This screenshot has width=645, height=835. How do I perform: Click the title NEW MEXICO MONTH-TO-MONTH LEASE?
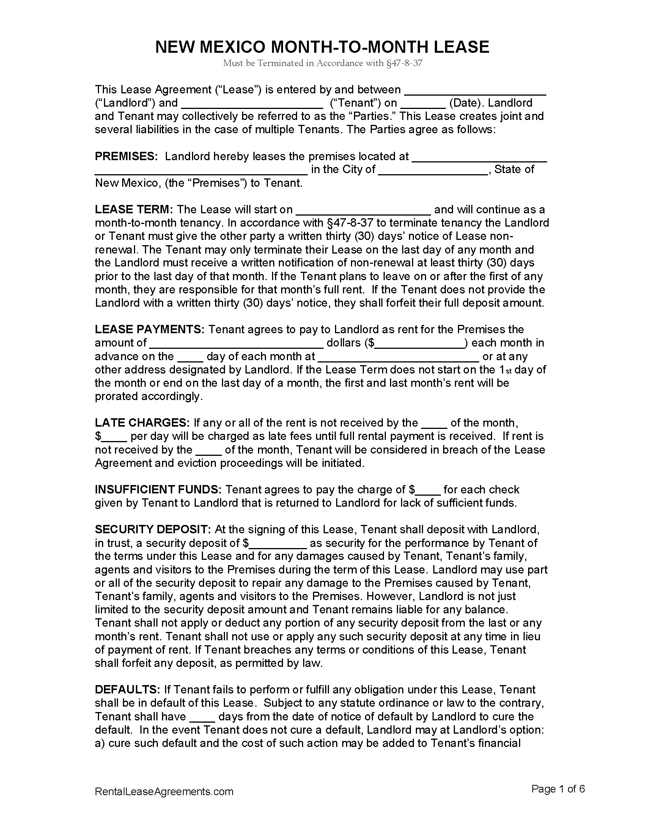[322, 47]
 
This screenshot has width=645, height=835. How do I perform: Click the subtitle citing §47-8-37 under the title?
[322, 63]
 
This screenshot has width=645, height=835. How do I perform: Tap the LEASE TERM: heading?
[134, 210]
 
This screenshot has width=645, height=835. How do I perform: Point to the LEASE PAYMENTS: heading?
[150, 329]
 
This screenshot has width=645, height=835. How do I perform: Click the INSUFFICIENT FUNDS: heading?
[158, 489]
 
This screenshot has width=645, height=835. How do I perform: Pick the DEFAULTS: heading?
[127, 689]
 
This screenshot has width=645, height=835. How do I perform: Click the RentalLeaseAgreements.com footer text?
[164, 791]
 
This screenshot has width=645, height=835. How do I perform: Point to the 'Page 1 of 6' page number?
[558, 789]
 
